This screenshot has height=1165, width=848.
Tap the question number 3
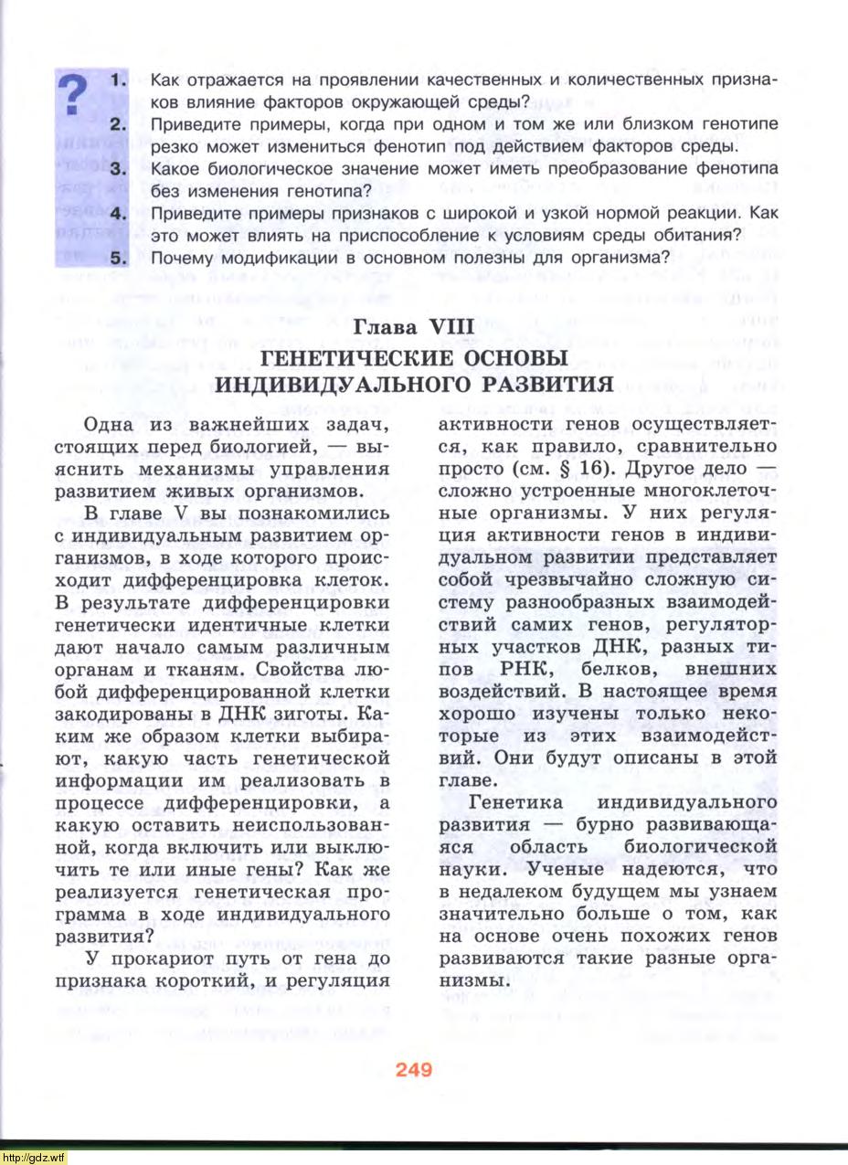pyautogui.click(x=118, y=168)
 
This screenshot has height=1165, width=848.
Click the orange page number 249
pyautogui.click(x=414, y=1070)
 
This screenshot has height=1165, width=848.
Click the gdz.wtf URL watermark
pyautogui.click(x=34, y=1157)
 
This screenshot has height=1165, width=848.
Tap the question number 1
pyautogui.click(x=118, y=80)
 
